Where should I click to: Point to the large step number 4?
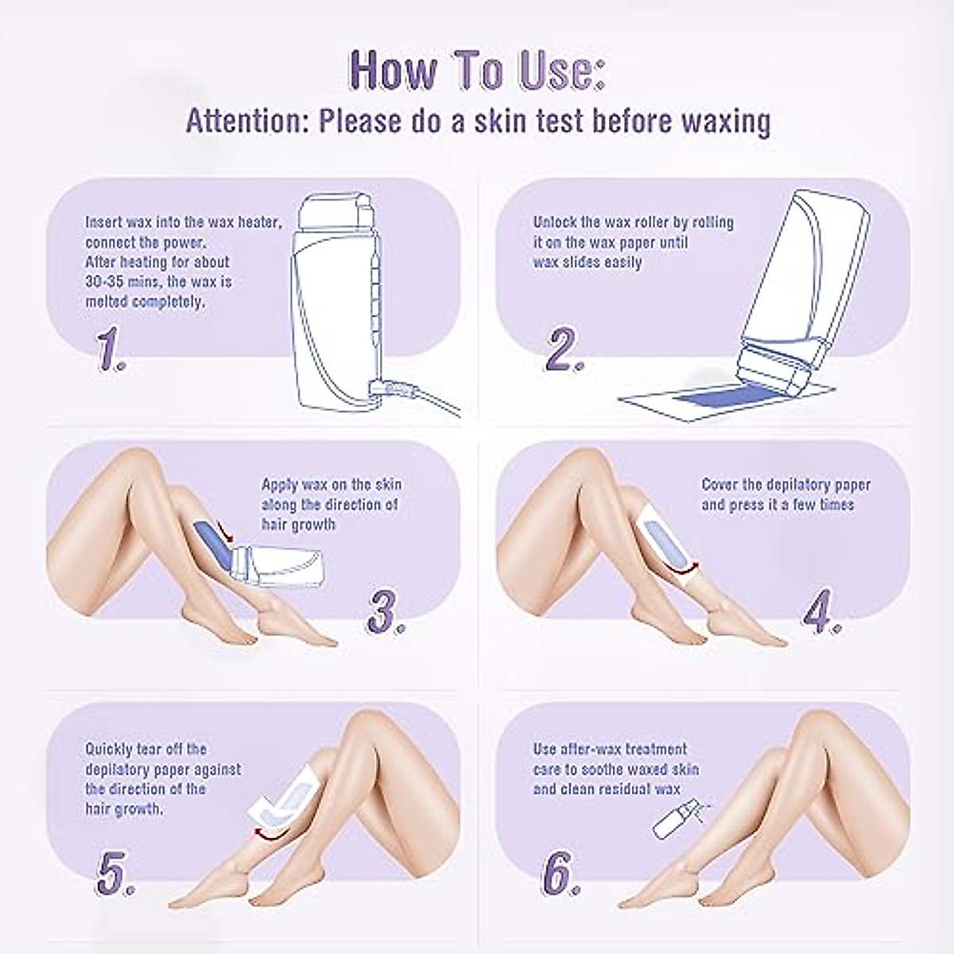point(824,611)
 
